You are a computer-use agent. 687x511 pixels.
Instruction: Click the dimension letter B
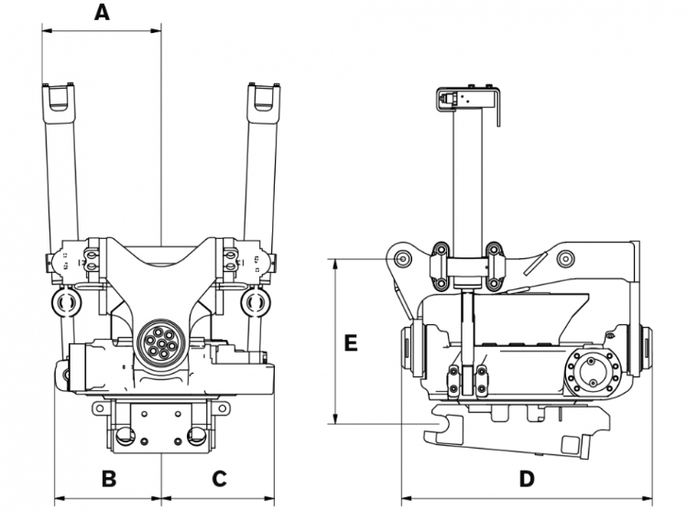coord(108,478)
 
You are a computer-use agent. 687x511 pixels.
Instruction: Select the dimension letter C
coord(219,478)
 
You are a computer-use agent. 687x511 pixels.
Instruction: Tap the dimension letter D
coord(527,478)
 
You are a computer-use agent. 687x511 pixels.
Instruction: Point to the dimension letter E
coord(350,343)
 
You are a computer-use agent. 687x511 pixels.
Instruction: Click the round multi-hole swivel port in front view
coord(160,343)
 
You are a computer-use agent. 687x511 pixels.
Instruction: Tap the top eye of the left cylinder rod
coord(58,97)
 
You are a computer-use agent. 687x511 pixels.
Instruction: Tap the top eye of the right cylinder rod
coord(263,97)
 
